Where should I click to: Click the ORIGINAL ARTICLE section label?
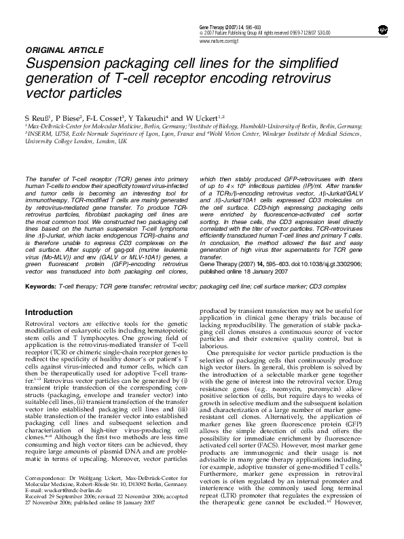coord(59,50)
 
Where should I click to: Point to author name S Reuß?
coord(37,117)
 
